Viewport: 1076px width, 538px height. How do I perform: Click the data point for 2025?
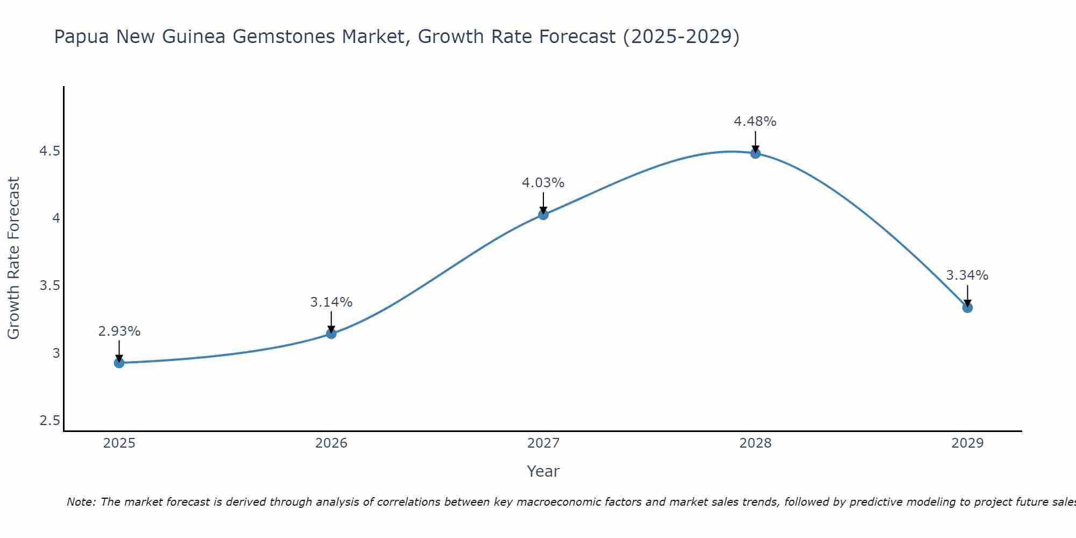pos(119,363)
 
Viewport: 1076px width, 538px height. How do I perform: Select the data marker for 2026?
pos(331,334)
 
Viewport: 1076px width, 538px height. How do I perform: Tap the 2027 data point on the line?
pos(543,215)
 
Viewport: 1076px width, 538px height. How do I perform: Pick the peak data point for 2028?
pos(755,153)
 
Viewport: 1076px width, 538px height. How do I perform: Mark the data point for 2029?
pos(967,308)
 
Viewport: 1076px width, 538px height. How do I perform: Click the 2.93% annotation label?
pos(119,331)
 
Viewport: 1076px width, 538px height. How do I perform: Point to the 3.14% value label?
pos(331,302)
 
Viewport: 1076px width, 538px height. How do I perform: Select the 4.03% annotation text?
pos(543,183)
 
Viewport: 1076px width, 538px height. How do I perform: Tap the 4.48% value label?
pos(755,122)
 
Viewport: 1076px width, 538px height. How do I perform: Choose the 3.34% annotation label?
pos(967,275)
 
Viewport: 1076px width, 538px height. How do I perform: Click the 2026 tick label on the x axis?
pos(331,443)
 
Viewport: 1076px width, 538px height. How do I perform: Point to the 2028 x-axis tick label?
pos(755,443)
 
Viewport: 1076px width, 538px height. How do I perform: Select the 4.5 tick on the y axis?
pos(49,151)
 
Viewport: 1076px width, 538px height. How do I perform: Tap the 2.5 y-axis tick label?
pos(49,421)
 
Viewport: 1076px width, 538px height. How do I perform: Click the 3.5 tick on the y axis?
pos(49,286)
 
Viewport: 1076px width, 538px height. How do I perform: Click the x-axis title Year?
pos(543,471)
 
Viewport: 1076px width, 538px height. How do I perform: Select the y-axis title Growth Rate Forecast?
pos(14,258)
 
